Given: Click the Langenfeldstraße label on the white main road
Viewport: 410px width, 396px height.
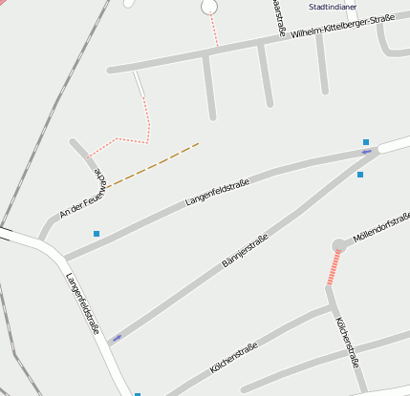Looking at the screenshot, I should (x=83, y=303).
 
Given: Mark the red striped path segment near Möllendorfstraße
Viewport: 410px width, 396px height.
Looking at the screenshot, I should (x=333, y=267).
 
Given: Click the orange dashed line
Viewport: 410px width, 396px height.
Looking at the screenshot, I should (x=153, y=165).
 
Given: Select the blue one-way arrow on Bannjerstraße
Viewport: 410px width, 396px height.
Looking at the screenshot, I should (x=117, y=338).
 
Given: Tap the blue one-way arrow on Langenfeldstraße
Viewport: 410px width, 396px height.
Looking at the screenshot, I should (x=366, y=151).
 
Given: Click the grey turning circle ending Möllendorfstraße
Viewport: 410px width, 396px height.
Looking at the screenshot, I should (x=338, y=246).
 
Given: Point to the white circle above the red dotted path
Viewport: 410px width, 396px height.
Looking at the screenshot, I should (x=209, y=8).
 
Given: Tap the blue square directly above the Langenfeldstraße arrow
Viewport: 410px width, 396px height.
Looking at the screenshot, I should (x=366, y=140).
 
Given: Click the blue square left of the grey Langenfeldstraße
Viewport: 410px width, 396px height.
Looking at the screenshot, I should (x=97, y=233).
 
